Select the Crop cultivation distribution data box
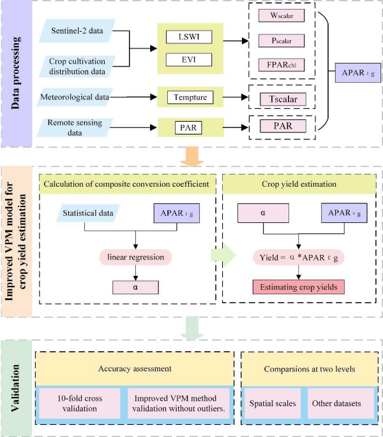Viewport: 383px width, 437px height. click(76, 66)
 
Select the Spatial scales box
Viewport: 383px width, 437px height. click(268, 404)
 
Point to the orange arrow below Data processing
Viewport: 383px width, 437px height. click(191, 155)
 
